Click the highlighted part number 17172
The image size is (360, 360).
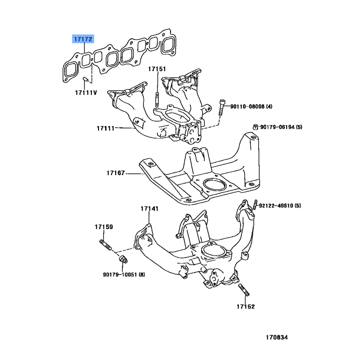pyautogui.click(x=83, y=39)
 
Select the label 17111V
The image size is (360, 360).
pyautogui.click(x=86, y=93)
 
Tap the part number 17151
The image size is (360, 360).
pyautogui.click(x=157, y=69)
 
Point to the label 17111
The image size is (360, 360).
pyautogui.click(x=105, y=128)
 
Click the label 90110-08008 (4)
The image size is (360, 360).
pyautogui.click(x=252, y=107)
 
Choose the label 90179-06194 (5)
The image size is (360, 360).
pyautogui.click(x=281, y=127)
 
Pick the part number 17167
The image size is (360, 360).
pyautogui.click(x=116, y=173)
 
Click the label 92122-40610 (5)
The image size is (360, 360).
pyautogui.click(x=280, y=206)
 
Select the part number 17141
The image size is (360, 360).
pyautogui.click(x=149, y=209)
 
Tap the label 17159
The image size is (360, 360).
pyautogui.click(x=104, y=227)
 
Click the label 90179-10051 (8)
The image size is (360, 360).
pyautogui.click(x=124, y=274)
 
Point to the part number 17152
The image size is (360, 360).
pyautogui.click(x=246, y=307)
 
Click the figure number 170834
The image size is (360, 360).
pyautogui.click(x=277, y=337)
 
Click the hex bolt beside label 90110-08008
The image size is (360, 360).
pyautogui.click(x=221, y=108)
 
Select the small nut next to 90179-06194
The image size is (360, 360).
pyautogui.click(x=255, y=126)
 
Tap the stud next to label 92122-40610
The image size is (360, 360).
pyautogui.click(x=255, y=205)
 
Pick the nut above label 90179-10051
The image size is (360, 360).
pyautogui.click(x=123, y=260)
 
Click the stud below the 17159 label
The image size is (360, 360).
pyautogui.click(x=105, y=245)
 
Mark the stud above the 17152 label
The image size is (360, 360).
pyautogui.click(x=244, y=290)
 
